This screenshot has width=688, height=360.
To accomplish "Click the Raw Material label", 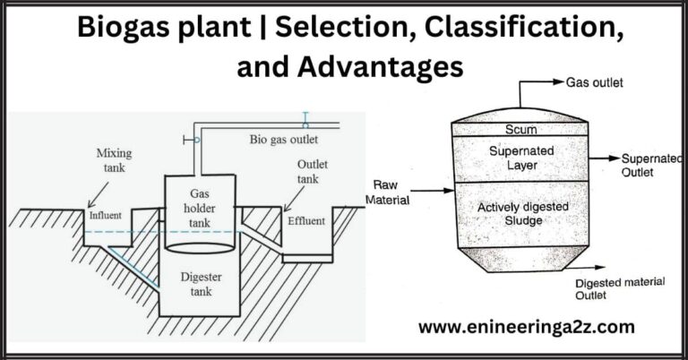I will tap(387, 193).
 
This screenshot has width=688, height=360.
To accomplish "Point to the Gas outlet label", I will tap(594, 83).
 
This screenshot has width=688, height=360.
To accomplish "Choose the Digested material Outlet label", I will tap(619, 287).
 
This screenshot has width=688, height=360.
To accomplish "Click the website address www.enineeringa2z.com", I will tap(527, 328).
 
